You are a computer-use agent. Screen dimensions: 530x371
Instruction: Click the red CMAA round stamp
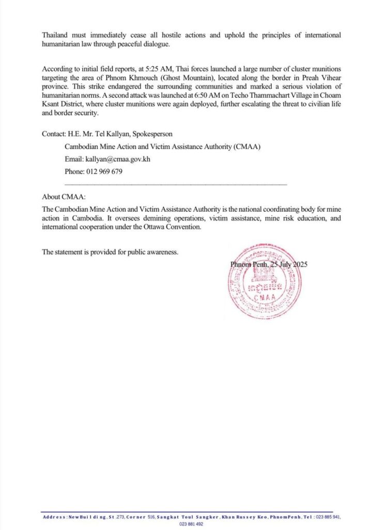point(265,281)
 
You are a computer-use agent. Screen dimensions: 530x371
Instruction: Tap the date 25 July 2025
point(287,264)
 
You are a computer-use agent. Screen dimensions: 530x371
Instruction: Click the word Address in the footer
point(54,517)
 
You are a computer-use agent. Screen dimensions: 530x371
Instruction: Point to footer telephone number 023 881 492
point(191,524)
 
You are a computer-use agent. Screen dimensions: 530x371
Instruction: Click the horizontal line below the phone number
point(175,184)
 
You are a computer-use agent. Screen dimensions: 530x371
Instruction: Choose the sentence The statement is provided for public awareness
point(110,252)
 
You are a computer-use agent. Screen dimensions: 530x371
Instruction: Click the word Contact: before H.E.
point(54,134)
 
